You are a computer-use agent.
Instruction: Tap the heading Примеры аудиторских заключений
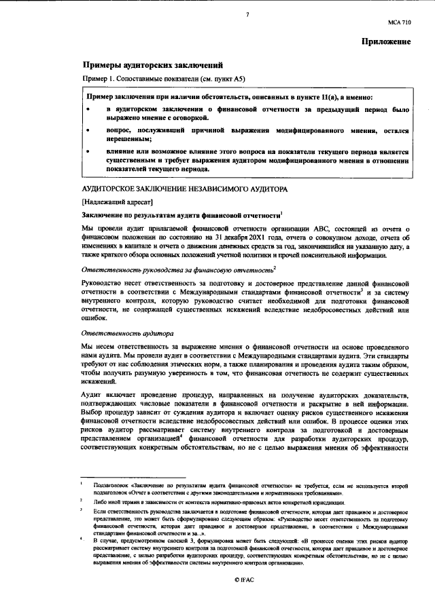point(154,66)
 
